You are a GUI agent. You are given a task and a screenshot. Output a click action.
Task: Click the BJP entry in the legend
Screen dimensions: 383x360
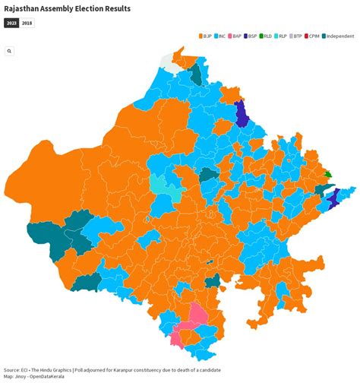[x=207, y=36]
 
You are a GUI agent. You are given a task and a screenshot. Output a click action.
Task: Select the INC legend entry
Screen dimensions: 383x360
[x=222, y=36]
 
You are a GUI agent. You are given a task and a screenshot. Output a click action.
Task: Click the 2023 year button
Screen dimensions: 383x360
[x=11, y=24]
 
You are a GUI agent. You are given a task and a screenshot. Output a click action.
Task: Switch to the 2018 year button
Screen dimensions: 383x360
[x=27, y=24]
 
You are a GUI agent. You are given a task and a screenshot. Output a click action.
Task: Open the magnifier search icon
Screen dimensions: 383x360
[x=9, y=51]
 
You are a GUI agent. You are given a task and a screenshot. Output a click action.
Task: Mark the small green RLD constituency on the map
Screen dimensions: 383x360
[x=327, y=174]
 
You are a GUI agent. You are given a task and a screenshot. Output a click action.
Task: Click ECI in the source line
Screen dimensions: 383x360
[x=26, y=370]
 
